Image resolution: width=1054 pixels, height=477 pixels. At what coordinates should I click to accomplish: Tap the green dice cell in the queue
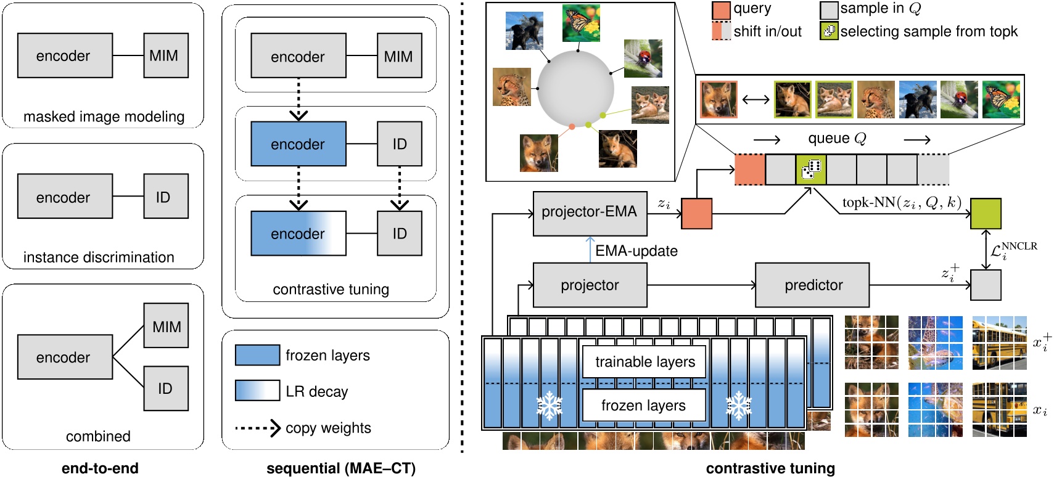(810, 169)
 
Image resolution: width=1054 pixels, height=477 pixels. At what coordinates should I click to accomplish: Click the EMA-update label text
(636, 251)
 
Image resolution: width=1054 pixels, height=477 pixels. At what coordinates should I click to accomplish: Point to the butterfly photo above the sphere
(581, 23)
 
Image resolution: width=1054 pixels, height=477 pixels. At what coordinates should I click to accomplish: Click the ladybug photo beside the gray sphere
(643, 58)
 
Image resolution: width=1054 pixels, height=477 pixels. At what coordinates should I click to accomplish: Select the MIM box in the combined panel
(166, 325)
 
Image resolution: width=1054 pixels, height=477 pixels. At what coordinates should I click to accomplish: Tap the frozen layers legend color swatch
(257, 355)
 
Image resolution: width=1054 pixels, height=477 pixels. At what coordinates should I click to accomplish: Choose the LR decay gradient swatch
(257, 391)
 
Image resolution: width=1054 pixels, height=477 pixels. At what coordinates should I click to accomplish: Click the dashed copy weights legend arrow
(258, 428)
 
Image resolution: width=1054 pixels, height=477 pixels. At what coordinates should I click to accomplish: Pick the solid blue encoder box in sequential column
(298, 144)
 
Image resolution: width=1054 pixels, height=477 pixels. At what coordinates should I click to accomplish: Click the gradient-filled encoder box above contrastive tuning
(298, 234)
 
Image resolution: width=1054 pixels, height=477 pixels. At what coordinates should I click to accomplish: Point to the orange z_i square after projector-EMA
(696, 214)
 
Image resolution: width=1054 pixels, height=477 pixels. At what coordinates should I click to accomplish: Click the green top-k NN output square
(986, 214)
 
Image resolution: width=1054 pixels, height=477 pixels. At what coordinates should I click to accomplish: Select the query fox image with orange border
(718, 100)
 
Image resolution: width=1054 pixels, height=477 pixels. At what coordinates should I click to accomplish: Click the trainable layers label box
(644, 362)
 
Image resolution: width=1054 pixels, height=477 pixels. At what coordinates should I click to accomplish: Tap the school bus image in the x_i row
(999, 409)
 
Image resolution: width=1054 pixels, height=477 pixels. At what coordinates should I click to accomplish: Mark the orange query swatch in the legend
(721, 10)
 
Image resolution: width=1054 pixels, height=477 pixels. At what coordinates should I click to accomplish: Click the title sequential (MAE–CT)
(340, 468)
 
